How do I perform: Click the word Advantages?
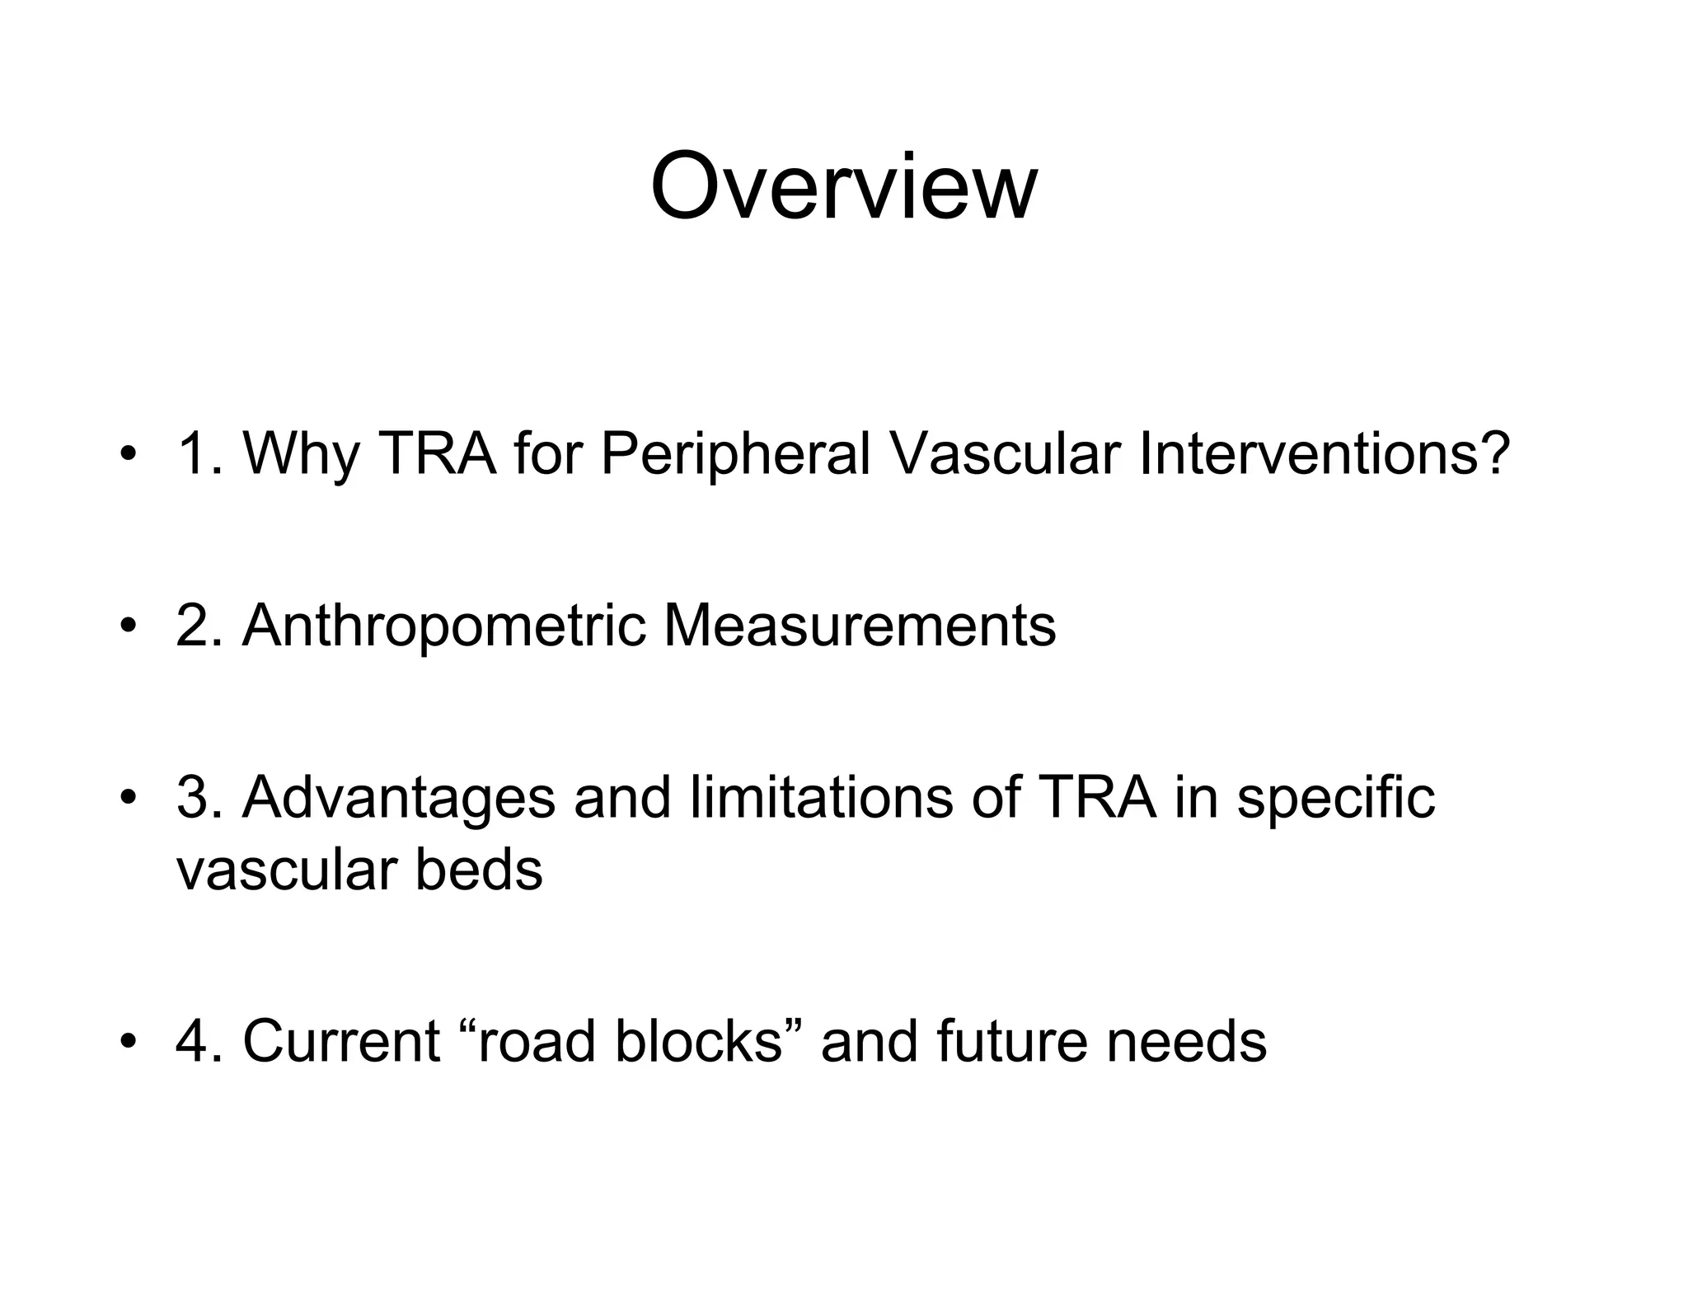coord(399,798)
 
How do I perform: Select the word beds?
coord(479,869)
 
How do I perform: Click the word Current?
coord(340,1041)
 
